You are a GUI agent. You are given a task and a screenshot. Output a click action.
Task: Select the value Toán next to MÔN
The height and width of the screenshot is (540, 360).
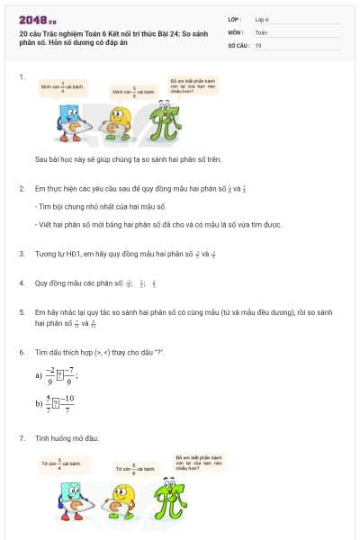click(x=261, y=31)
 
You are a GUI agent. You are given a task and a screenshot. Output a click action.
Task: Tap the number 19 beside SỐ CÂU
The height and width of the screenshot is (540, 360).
click(x=258, y=44)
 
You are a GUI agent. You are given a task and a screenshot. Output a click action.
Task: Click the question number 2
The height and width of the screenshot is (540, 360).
click(x=22, y=188)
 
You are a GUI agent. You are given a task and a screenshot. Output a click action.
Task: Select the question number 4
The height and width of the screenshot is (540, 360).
click(x=22, y=283)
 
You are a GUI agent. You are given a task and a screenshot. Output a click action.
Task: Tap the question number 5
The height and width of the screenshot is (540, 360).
click(x=22, y=310)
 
